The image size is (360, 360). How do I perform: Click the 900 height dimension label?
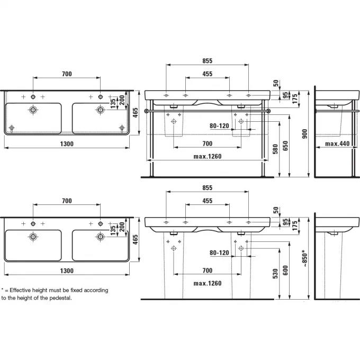pos(304,134)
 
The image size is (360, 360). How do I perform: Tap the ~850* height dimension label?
pos(304,258)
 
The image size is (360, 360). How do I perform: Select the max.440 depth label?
pos(337,143)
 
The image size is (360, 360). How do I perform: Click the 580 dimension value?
pos(275,149)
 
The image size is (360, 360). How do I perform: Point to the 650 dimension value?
pos(285,146)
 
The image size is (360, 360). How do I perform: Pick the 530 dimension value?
pos(275,274)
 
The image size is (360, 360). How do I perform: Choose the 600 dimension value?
pos(285,271)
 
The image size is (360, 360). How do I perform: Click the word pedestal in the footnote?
pos(60,298)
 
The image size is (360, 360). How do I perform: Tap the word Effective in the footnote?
pos(20,290)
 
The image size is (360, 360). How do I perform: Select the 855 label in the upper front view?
pos(208,61)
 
